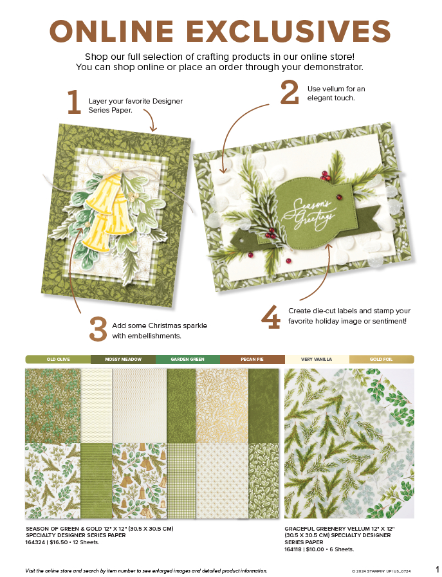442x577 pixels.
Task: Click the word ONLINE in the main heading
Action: click(111, 31)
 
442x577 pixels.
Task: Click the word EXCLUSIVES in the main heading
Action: click(288, 31)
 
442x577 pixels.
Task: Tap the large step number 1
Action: click(74, 103)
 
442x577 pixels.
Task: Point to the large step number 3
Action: click(98, 329)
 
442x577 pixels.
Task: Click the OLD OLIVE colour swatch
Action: click(58, 359)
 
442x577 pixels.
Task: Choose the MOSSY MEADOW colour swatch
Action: click(124, 359)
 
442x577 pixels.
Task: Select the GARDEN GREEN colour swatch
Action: click(188, 359)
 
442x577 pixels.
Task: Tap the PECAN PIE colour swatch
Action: click(252, 359)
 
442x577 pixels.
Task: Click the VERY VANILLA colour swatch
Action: click(317, 359)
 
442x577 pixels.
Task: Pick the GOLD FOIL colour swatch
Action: click(382, 359)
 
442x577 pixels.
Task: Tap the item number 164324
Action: click(35, 542)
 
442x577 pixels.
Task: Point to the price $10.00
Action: click(315, 549)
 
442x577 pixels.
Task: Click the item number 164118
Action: click(293, 549)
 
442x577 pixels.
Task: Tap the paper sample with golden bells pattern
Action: click(140, 480)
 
